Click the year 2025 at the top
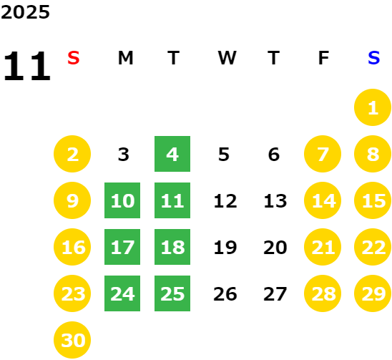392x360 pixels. coord(25,12)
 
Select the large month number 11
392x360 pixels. coord(27,66)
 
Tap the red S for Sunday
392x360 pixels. coord(74,58)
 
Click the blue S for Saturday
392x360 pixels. coord(373,58)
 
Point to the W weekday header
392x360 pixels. coord(227,58)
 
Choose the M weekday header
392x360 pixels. coord(125,58)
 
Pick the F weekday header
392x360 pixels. coord(323,58)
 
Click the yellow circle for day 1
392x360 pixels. coord(373,107)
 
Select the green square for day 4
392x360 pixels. coord(172,154)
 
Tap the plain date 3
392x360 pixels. coord(124,155)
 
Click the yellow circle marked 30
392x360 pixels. coord(72,340)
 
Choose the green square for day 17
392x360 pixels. coord(122,247)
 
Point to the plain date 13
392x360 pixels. coord(275,201)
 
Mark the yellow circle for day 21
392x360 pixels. coord(323,247)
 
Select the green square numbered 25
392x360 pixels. coord(172,293)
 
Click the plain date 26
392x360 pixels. coord(225,294)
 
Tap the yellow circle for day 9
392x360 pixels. coord(72,200)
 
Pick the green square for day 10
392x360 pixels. coord(122,200)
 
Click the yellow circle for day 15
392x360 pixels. coord(373,200)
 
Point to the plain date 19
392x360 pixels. coord(225,248)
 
